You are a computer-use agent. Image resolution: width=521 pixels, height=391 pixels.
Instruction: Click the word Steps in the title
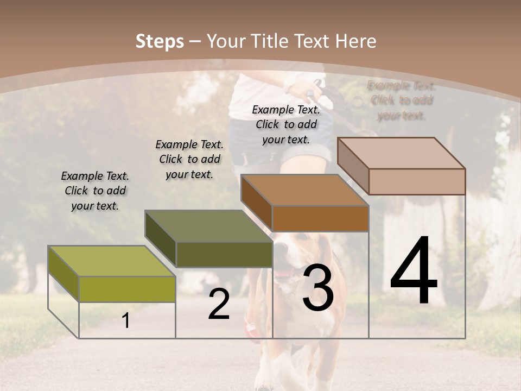pyautogui.click(x=160, y=41)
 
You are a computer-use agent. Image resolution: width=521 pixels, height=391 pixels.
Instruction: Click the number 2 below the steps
pyautogui.click(x=219, y=304)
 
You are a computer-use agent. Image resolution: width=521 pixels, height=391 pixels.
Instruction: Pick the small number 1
pyautogui.click(x=126, y=321)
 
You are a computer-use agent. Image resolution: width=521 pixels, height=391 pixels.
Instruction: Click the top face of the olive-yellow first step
pyautogui.click(x=112, y=261)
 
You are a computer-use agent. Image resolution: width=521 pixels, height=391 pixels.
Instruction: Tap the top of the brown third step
pyautogui.click(x=304, y=190)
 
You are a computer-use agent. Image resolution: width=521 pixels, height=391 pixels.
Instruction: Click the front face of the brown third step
pyautogui.click(x=320, y=218)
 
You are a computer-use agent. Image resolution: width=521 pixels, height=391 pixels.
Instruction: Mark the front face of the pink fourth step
pyautogui.click(x=417, y=181)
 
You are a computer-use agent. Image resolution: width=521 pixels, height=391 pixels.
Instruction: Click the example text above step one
pyautogui.click(x=94, y=191)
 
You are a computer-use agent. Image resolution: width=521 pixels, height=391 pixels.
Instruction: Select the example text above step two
pyautogui.click(x=189, y=159)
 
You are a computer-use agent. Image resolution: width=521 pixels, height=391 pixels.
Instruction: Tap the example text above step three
pyautogui.click(x=286, y=124)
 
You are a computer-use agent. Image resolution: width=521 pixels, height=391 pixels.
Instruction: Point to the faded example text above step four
pyautogui.click(x=401, y=100)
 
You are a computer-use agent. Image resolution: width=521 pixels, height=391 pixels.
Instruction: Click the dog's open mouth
pyautogui.click(x=283, y=273)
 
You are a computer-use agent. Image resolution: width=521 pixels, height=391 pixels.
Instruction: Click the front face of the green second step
pyautogui.click(x=224, y=254)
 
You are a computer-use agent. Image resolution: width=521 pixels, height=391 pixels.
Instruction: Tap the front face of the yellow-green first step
pyautogui.click(x=127, y=289)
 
